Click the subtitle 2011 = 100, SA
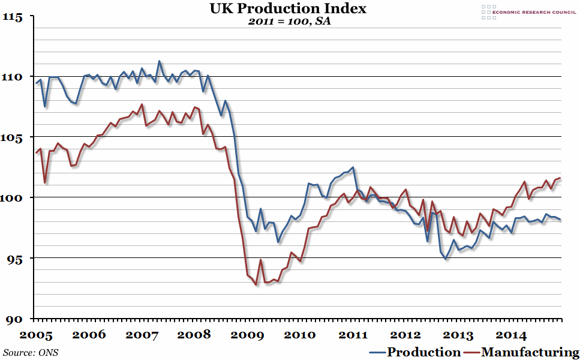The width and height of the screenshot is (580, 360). [290, 22]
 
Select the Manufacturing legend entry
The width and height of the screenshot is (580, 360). [525, 352]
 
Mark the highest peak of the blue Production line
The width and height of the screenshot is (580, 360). [159, 61]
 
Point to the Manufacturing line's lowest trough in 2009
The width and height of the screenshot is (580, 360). [256, 285]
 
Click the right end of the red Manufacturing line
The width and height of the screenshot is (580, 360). [560, 178]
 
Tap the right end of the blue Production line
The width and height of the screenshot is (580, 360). [560, 220]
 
